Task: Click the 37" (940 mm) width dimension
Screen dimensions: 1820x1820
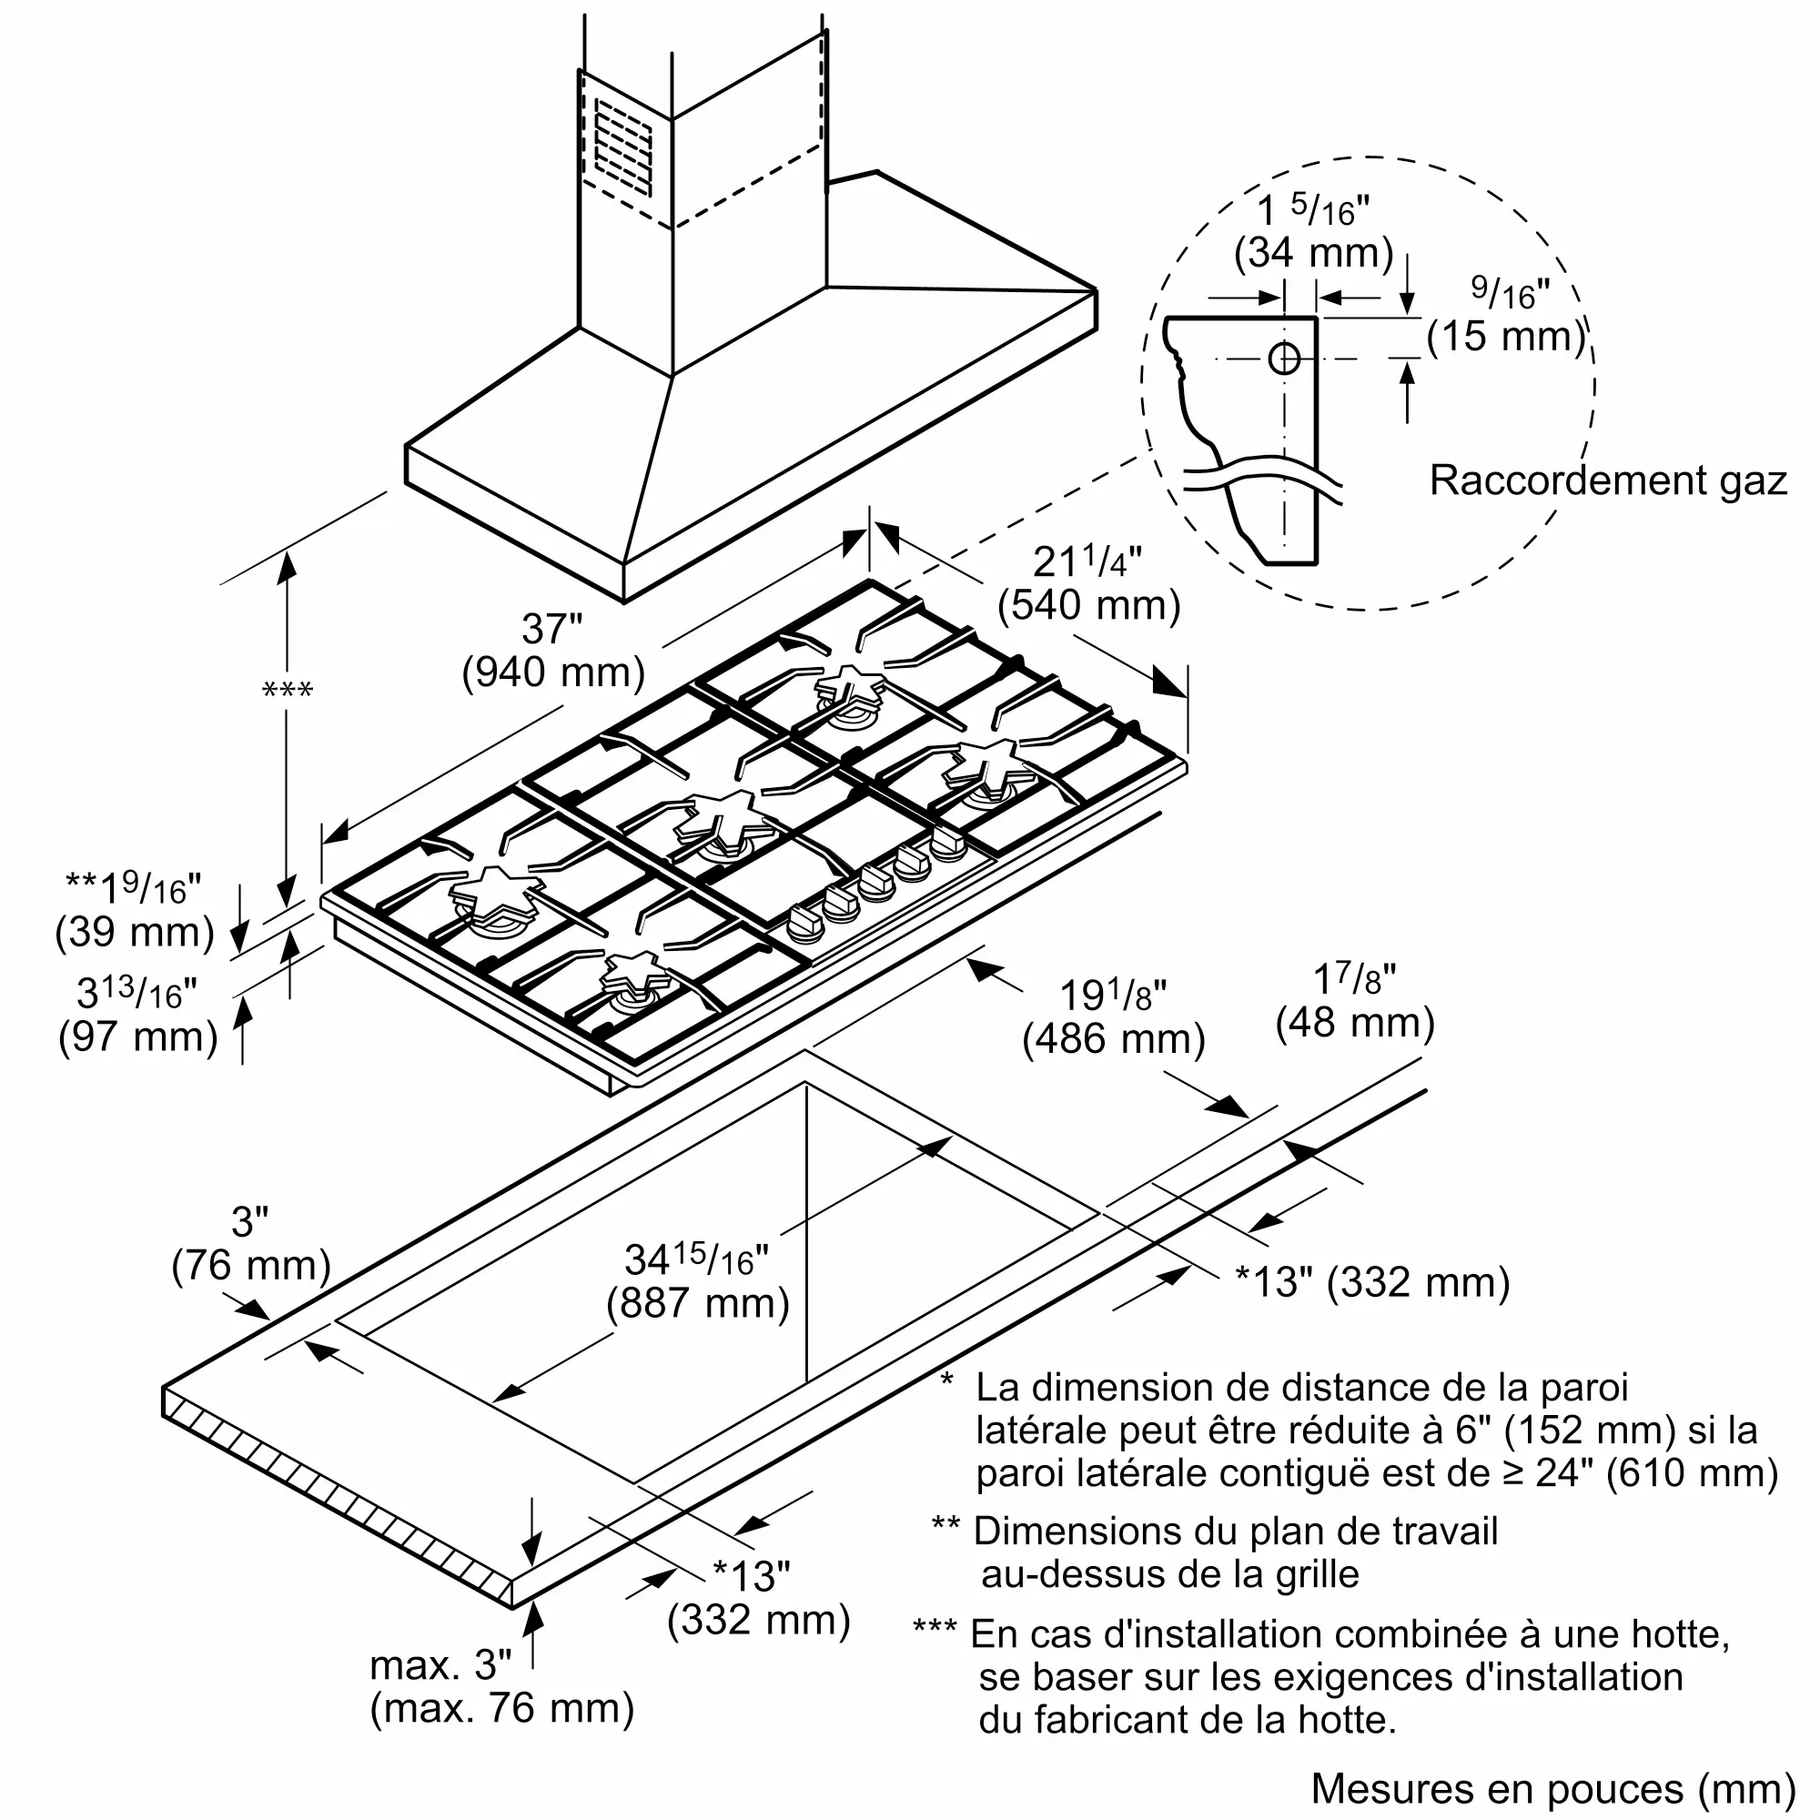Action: point(553,651)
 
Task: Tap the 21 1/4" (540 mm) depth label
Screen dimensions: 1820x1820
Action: point(1089,584)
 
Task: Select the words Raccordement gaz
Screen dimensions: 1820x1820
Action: point(1607,480)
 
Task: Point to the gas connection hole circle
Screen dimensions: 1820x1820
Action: point(1284,358)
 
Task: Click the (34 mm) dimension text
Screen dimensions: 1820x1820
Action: point(1313,252)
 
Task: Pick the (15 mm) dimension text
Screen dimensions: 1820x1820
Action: point(1506,337)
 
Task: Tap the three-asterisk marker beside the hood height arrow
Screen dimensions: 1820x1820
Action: point(288,691)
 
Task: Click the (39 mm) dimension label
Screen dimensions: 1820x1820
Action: point(135,932)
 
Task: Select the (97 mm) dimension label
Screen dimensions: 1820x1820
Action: point(137,1037)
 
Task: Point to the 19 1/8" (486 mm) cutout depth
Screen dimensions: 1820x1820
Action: point(1114,1018)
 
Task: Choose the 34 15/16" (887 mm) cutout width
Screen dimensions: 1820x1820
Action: point(698,1281)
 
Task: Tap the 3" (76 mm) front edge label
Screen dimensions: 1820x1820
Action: point(250,1243)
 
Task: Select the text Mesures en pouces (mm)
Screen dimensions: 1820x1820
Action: point(1553,1788)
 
